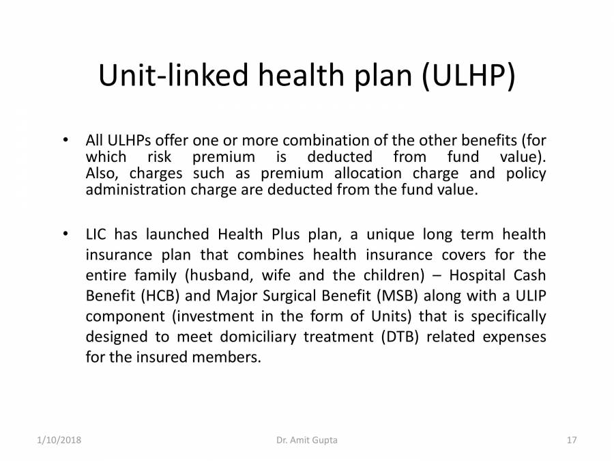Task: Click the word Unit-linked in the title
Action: point(173,76)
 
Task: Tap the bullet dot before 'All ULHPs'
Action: point(65,141)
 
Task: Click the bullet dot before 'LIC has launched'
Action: point(65,234)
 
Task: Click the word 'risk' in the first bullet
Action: point(160,157)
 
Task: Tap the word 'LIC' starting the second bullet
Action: point(96,235)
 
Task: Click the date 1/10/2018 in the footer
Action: point(59,441)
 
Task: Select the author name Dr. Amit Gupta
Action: point(307,441)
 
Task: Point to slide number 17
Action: point(572,441)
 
